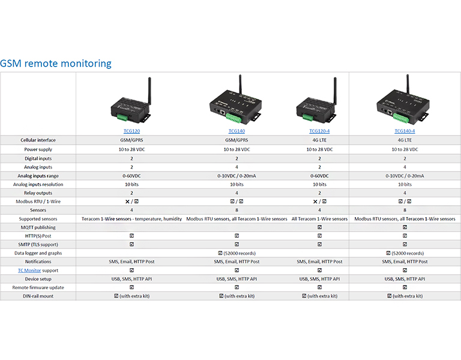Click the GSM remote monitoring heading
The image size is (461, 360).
click(x=56, y=63)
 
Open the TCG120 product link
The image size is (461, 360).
click(x=131, y=131)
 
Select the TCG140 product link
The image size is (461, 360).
click(x=236, y=131)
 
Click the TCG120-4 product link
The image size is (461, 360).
click(x=319, y=131)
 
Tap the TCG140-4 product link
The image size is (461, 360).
click(x=405, y=131)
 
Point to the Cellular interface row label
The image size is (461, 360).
click(x=38, y=140)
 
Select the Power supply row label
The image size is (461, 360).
click(x=38, y=149)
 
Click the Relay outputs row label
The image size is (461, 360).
click(x=38, y=193)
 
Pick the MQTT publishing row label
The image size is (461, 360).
click(x=38, y=228)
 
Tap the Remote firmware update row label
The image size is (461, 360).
click(x=38, y=287)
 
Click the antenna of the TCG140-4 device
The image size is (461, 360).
click(x=408, y=84)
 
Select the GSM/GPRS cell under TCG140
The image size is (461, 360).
click(x=236, y=140)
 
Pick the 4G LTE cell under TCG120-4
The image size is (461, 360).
click(x=319, y=140)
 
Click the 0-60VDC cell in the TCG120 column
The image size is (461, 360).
click(x=131, y=176)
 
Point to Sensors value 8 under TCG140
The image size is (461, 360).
click(x=236, y=211)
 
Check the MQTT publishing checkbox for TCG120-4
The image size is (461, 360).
click(x=319, y=228)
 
